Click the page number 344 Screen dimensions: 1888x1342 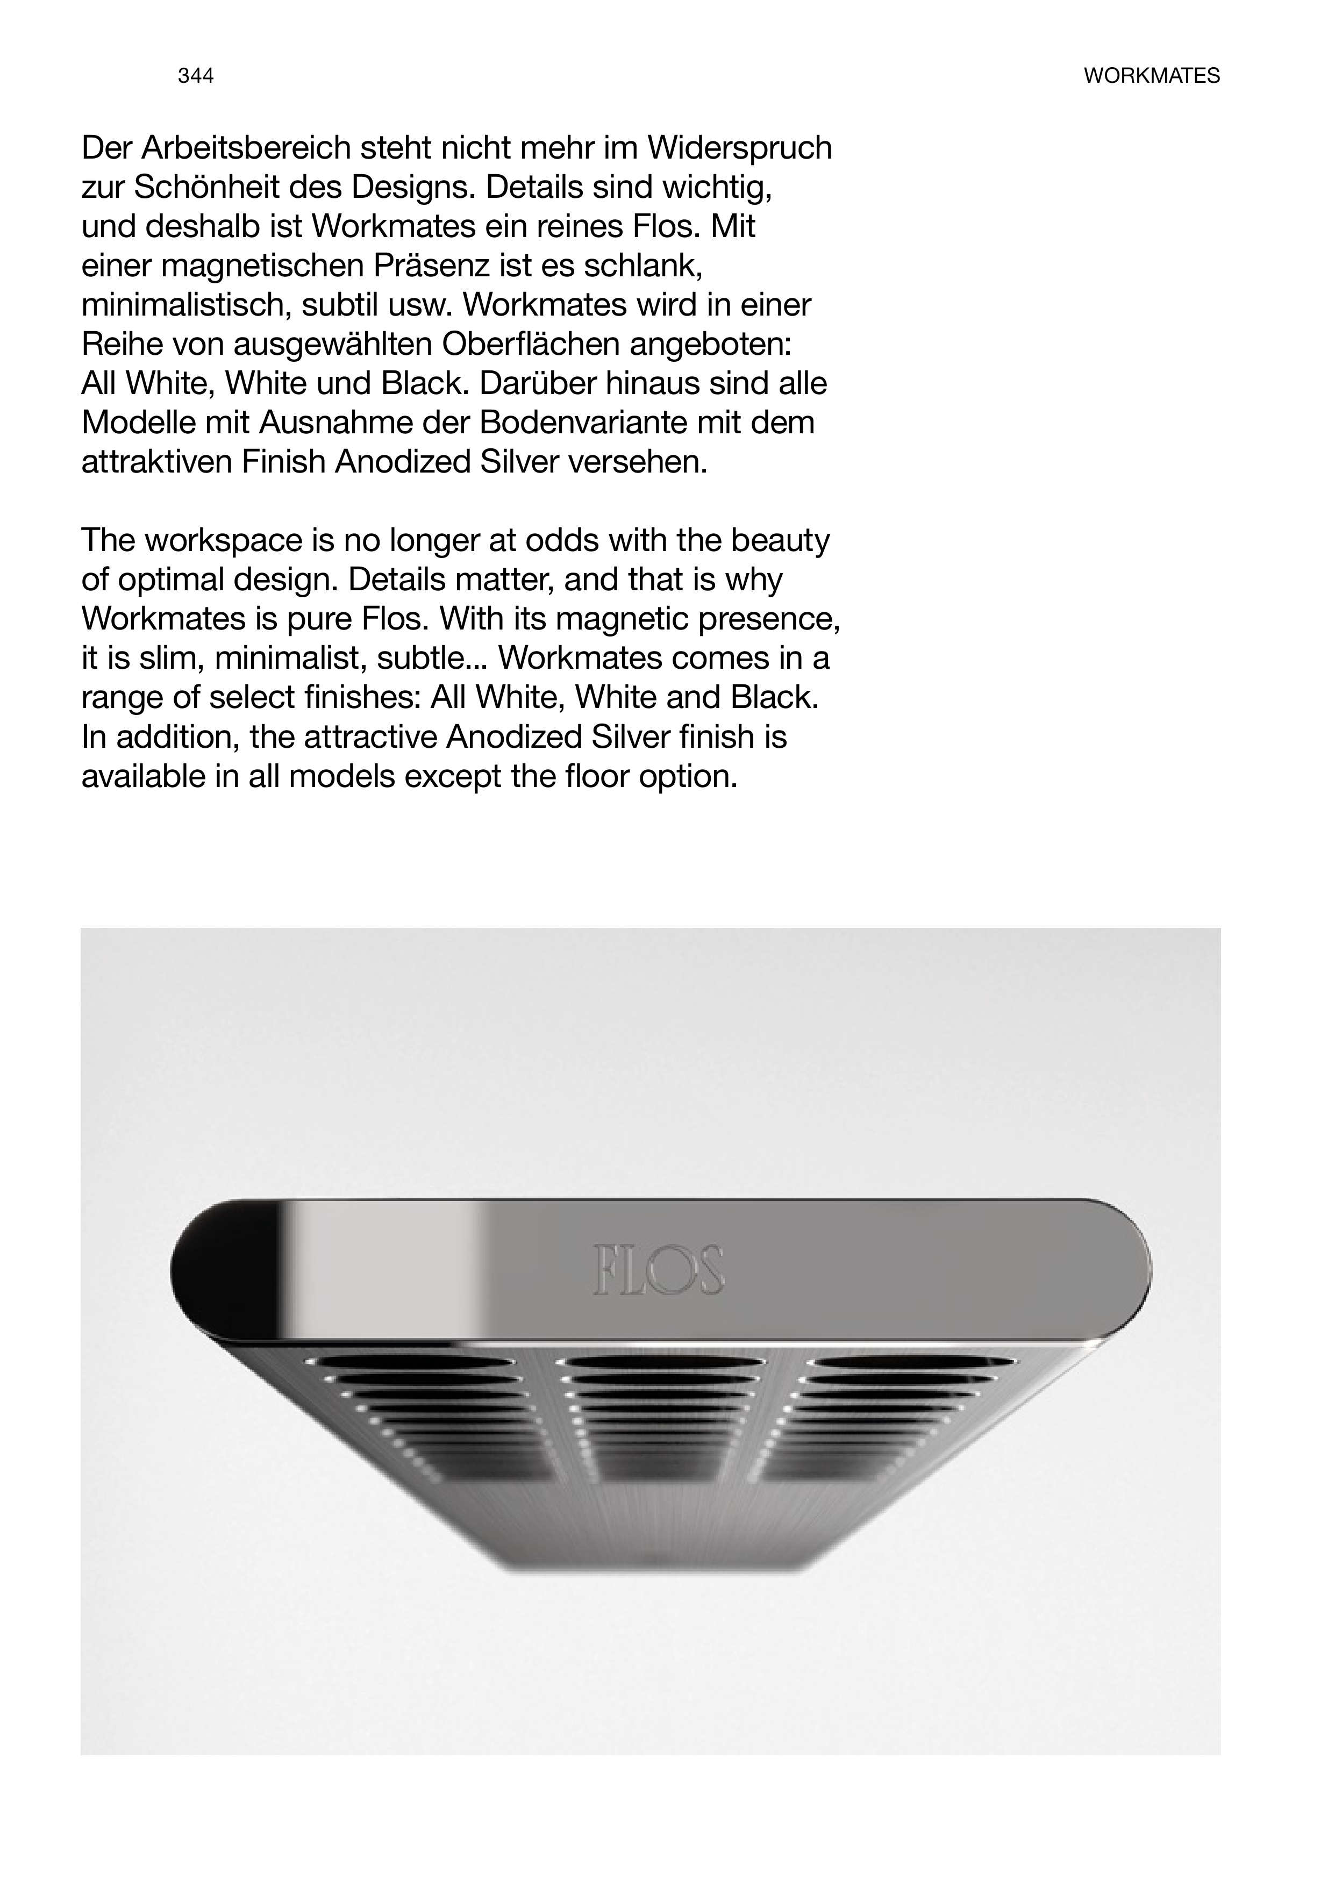coord(196,76)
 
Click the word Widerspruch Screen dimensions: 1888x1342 coord(739,149)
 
